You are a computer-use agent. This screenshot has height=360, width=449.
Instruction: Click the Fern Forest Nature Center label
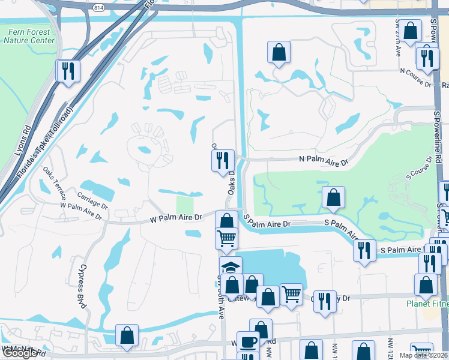pyautogui.click(x=29, y=37)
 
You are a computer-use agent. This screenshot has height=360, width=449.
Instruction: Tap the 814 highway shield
pyautogui.click(x=98, y=7)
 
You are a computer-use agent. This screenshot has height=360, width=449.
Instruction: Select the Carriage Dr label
pyautogui.click(x=92, y=200)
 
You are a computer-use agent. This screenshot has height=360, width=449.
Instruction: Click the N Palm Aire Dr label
pyautogui.click(x=324, y=162)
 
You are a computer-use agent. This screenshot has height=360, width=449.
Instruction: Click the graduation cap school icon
pyautogui.click(x=231, y=266)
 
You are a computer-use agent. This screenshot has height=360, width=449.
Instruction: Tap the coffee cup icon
pyautogui.click(x=248, y=341)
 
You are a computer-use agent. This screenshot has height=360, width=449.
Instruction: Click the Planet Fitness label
pyautogui.click(x=427, y=303)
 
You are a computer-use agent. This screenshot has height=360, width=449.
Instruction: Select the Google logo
pyautogui.click(x=19, y=353)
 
